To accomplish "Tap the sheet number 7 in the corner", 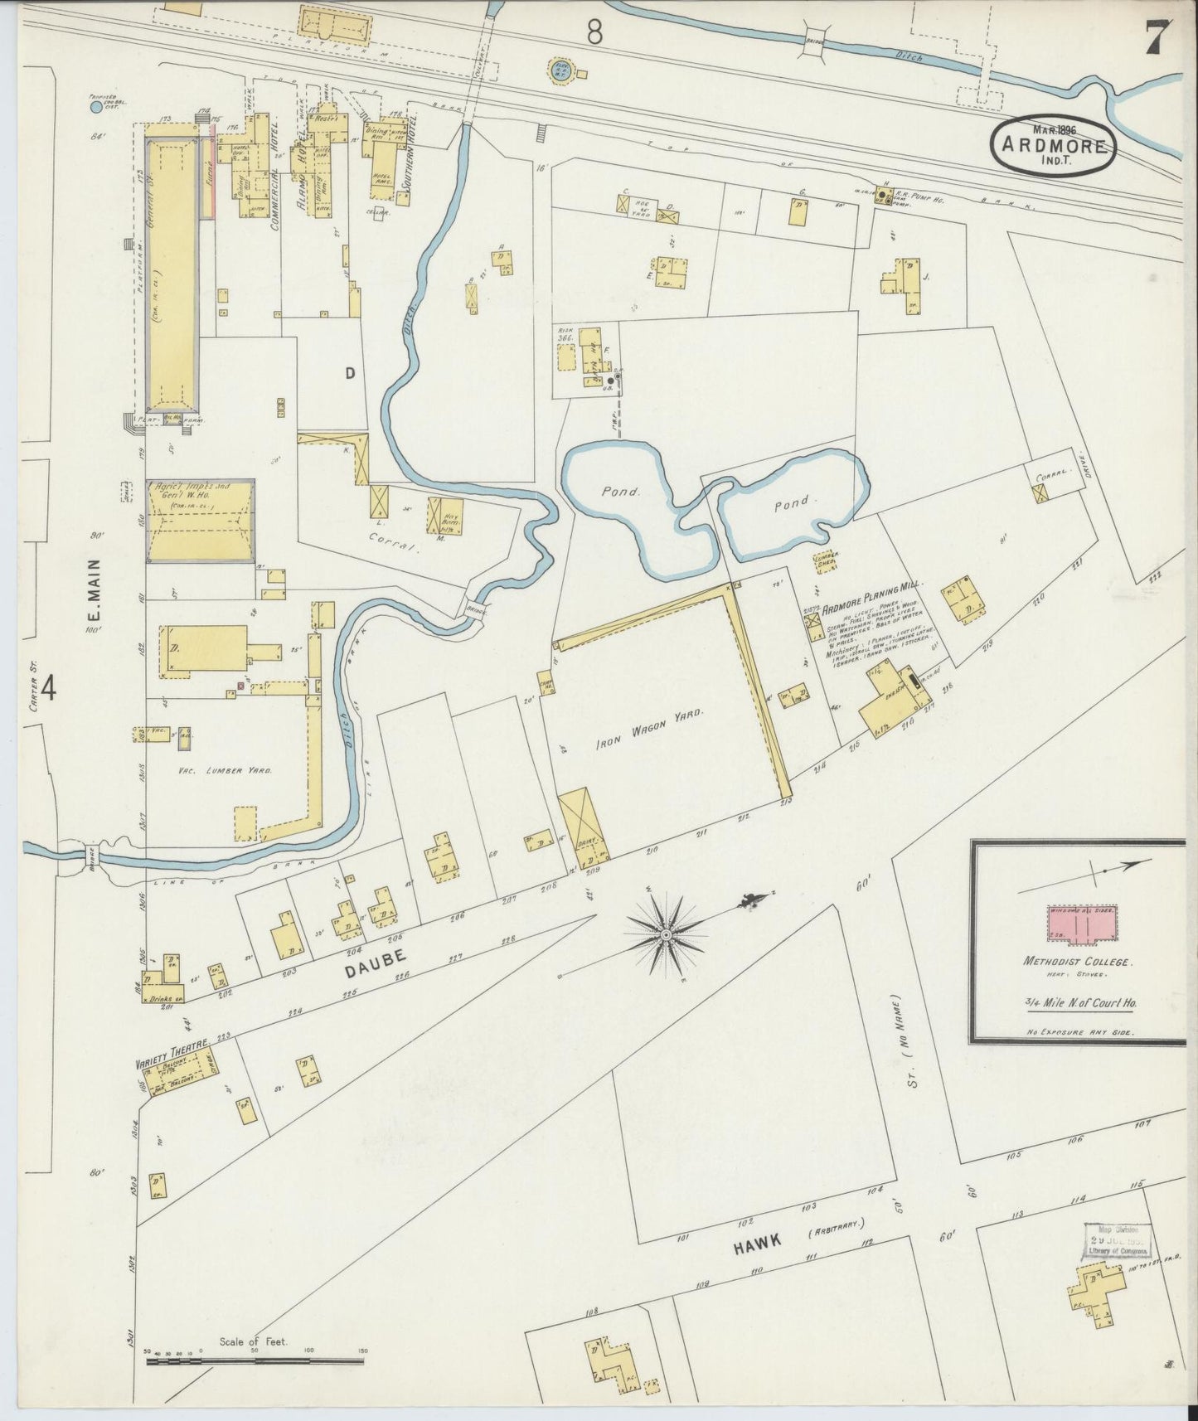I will pyautogui.click(x=1158, y=37).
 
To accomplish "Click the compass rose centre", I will pyautogui.click(x=665, y=935).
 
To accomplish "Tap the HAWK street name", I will pyautogui.click(x=758, y=1240).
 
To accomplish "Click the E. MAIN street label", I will pyautogui.click(x=95, y=590).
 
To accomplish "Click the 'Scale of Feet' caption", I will pyautogui.click(x=253, y=1341).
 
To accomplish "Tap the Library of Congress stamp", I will pyautogui.click(x=1118, y=1241).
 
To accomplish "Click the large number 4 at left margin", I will pyautogui.click(x=49, y=688).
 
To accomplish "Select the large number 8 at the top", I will pyautogui.click(x=594, y=32).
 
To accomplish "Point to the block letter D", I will pyautogui.click(x=350, y=373).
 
